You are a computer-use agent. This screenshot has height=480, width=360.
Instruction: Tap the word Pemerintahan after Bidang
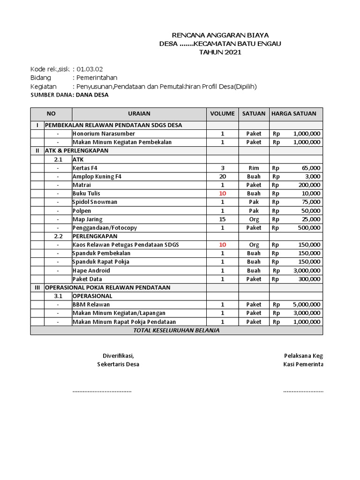[x=97, y=78]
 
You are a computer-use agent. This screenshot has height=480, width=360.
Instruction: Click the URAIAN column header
[x=139, y=113]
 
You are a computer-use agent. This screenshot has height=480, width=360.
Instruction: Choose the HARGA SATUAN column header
[x=294, y=113]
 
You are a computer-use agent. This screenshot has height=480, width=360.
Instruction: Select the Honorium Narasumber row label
[x=103, y=134]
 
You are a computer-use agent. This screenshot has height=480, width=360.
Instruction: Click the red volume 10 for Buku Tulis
[x=222, y=193]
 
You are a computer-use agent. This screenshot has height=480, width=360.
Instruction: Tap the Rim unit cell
[x=254, y=168]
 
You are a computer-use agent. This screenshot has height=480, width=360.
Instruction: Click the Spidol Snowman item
[x=95, y=202]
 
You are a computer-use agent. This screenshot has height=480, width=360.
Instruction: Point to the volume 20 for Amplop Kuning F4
[x=222, y=176]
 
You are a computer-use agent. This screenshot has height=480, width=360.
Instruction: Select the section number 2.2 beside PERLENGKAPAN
[x=58, y=236]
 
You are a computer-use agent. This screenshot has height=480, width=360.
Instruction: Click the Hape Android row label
[x=91, y=270]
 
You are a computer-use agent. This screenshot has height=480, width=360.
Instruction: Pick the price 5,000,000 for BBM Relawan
[x=307, y=304]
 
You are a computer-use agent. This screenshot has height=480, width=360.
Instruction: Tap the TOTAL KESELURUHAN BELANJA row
[x=176, y=330]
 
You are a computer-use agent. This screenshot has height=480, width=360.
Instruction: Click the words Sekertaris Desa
[x=118, y=364]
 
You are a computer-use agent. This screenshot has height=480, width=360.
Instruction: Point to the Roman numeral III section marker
[x=37, y=287]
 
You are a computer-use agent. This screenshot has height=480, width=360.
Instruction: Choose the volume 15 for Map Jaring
[x=222, y=219]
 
